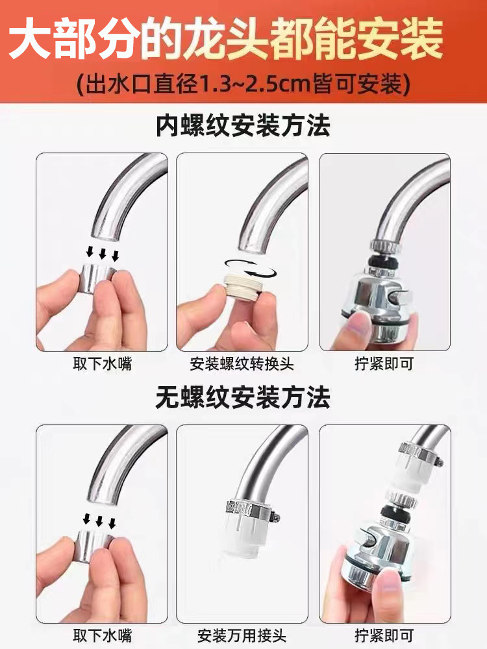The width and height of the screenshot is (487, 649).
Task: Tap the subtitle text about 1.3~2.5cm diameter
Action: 243,84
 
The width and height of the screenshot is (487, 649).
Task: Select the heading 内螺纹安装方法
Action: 243,125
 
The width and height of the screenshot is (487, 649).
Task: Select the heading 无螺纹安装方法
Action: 243,397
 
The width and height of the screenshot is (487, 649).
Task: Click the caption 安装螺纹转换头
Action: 242,363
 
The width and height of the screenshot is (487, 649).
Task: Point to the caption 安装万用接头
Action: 242,634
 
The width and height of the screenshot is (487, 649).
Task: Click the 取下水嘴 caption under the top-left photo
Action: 102,363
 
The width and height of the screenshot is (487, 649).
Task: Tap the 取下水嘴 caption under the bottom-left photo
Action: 102,634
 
